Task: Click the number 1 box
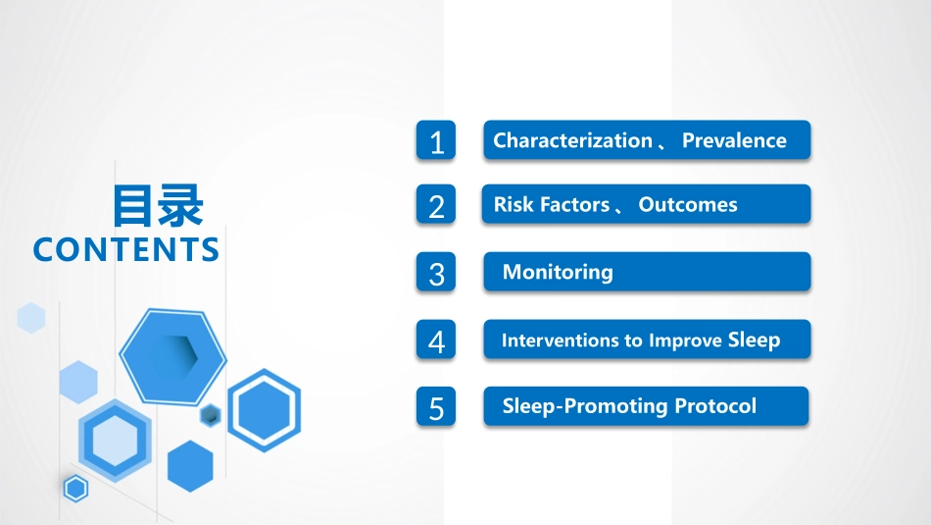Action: [436, 140]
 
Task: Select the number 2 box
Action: [436, 204]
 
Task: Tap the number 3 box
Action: [436, 272]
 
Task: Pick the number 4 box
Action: [436, 340]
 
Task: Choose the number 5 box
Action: [436, 406]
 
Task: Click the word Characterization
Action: [572, 140]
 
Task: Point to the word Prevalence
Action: [734, 140]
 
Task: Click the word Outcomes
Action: [688, 204]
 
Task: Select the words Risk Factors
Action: [552, 204]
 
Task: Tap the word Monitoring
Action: [558, 272]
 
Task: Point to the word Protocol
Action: [715, 406]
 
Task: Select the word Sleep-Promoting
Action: [585, 406]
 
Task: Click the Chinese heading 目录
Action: [158, 206]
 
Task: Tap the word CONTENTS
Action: [125, 249]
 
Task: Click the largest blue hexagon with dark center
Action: [172, 356]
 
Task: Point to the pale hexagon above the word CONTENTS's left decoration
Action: [31, 318]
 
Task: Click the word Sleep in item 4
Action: [754, 341]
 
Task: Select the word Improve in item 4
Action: [686, 341]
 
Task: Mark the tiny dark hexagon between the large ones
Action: [210, 415]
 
